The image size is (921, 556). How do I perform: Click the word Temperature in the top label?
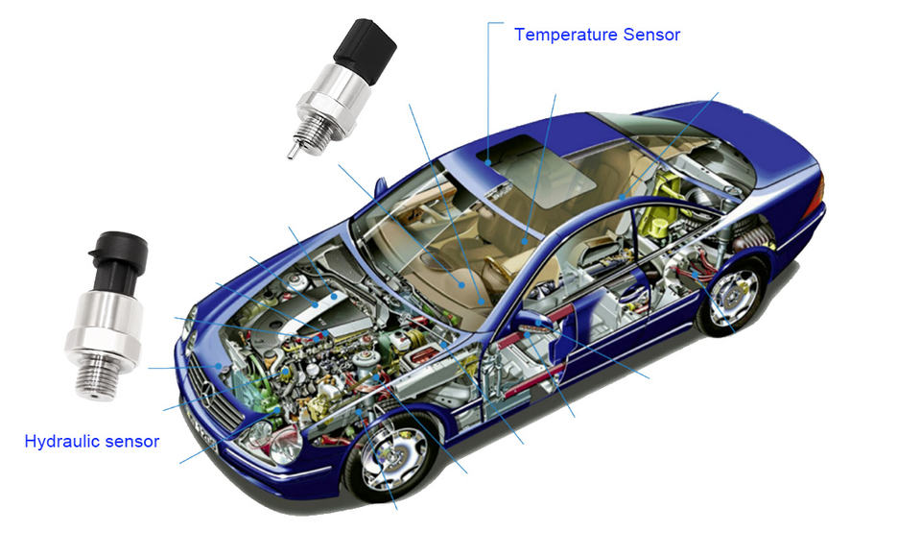[566, 35]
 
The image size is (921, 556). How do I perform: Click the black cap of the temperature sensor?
[366, 51]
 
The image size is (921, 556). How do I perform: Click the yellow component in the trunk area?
[660, 212]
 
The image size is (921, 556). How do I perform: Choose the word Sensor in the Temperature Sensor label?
[651, 35]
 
